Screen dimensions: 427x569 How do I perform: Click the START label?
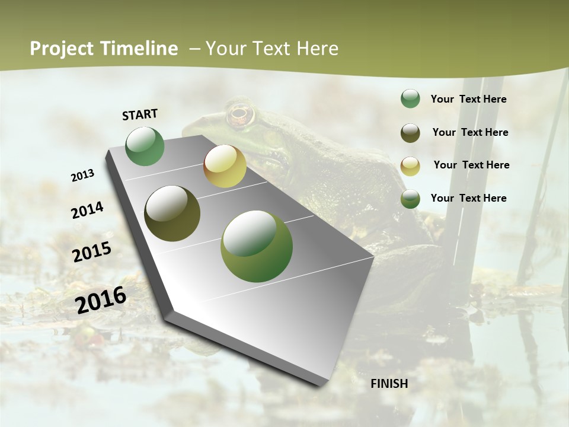[x=140, y=114]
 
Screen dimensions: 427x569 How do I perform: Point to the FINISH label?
[x=389, y=384]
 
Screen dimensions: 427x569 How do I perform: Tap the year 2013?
[x=82, y=176]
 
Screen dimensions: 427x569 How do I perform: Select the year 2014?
[x=88, y=210]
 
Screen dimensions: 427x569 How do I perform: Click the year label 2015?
[x=92, y=251]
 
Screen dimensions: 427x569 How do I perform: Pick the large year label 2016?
[x=101, y=299]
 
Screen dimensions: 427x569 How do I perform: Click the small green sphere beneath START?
[x=145, y=146]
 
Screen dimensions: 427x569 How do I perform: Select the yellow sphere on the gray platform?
[x=225, y=166]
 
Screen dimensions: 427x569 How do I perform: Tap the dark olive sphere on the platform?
[x=172, y=213]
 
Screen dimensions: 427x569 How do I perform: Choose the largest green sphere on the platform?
[x=257, y=246]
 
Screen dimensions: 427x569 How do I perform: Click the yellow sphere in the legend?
[x=410, y=166]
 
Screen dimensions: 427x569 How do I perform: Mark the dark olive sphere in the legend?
[x=410, y=133]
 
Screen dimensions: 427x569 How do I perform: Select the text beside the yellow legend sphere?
[x=471, y=165]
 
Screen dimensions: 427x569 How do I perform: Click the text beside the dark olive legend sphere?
[x=470, y=132]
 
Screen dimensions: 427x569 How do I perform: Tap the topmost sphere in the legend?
[x=410, y=99]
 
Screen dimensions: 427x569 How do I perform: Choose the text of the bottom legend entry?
[x=468, y=198]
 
